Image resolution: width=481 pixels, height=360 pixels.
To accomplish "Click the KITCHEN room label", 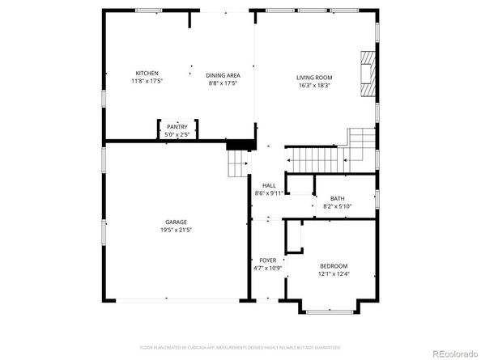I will point(147,73).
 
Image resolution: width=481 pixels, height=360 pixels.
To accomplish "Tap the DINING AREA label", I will point(223,75).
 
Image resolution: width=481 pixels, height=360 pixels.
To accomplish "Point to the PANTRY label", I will point(177,127).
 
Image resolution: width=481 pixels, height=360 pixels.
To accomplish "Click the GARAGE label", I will point(177,222).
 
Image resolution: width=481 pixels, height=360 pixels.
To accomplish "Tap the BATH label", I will point(337,199).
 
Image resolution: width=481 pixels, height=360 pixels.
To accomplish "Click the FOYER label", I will point(267,260).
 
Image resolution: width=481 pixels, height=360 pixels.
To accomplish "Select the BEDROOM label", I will point(333,266).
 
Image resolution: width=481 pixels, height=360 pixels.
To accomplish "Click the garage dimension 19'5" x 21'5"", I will point(177,230).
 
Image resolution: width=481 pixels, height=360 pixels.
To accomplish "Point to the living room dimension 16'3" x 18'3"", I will point(315,85).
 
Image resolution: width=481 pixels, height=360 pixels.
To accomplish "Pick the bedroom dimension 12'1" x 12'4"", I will point(333,274).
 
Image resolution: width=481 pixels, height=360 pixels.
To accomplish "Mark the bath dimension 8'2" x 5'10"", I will point(337,207).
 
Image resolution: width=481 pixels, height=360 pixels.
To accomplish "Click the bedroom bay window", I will point(329,311).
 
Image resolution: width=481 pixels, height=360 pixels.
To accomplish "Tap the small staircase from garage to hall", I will point(237,166).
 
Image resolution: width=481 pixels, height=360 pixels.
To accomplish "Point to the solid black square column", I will point(236,144).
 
